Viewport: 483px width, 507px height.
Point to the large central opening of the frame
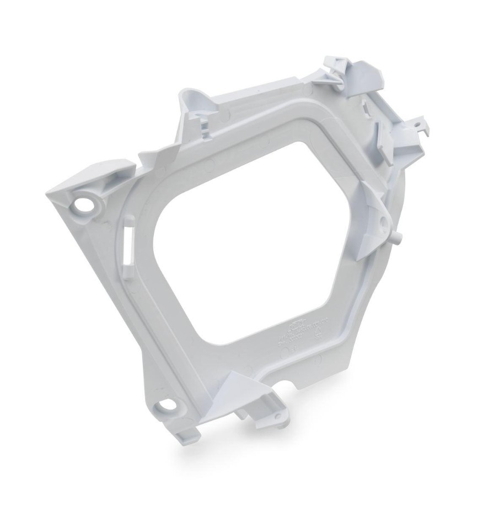click(248, 242)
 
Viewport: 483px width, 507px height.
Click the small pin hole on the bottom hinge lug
click(279, 415)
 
